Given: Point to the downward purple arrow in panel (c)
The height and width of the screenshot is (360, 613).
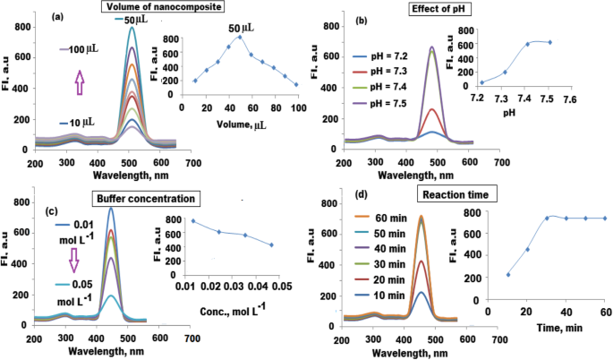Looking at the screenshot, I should click(62, 260).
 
